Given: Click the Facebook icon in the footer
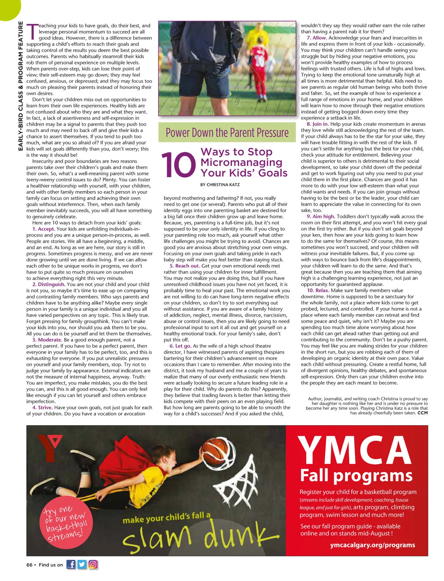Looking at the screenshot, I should tap(71, 564).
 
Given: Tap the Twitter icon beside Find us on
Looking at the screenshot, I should tap(82, 564).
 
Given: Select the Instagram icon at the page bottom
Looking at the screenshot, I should tap(93, 564).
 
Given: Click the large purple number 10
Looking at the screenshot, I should tap(178, 165).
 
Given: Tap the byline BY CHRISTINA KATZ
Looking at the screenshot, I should tap(220, 185).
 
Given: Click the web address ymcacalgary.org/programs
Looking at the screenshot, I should tap(372, 545).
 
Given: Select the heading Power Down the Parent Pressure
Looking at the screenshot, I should tap(227, 132).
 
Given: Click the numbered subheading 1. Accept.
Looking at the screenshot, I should tap(43, 229).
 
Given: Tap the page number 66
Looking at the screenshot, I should tap(29, 565).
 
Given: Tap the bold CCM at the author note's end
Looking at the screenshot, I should tap(423, 413).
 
